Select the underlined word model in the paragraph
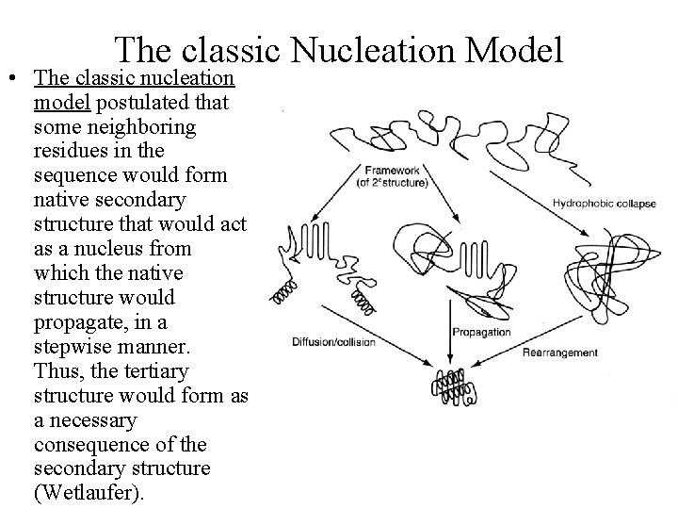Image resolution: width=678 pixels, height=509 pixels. [x=60, y=102]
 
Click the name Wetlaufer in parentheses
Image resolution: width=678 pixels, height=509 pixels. [x=88, y=494]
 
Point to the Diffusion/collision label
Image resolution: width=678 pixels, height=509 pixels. [x=333, y=342]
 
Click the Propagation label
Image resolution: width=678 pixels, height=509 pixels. [x=481, y=332]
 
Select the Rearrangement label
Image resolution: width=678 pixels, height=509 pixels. [x=559, y=353]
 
